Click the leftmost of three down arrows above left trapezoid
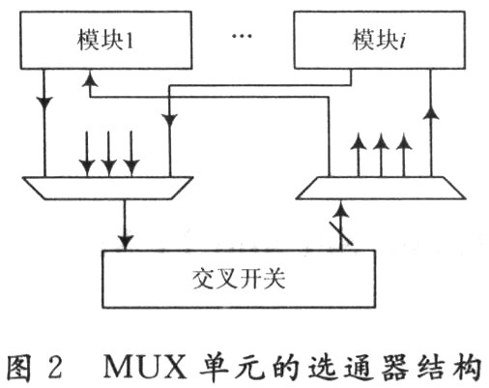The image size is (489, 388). pyautogui.click(x=85, y=155)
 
